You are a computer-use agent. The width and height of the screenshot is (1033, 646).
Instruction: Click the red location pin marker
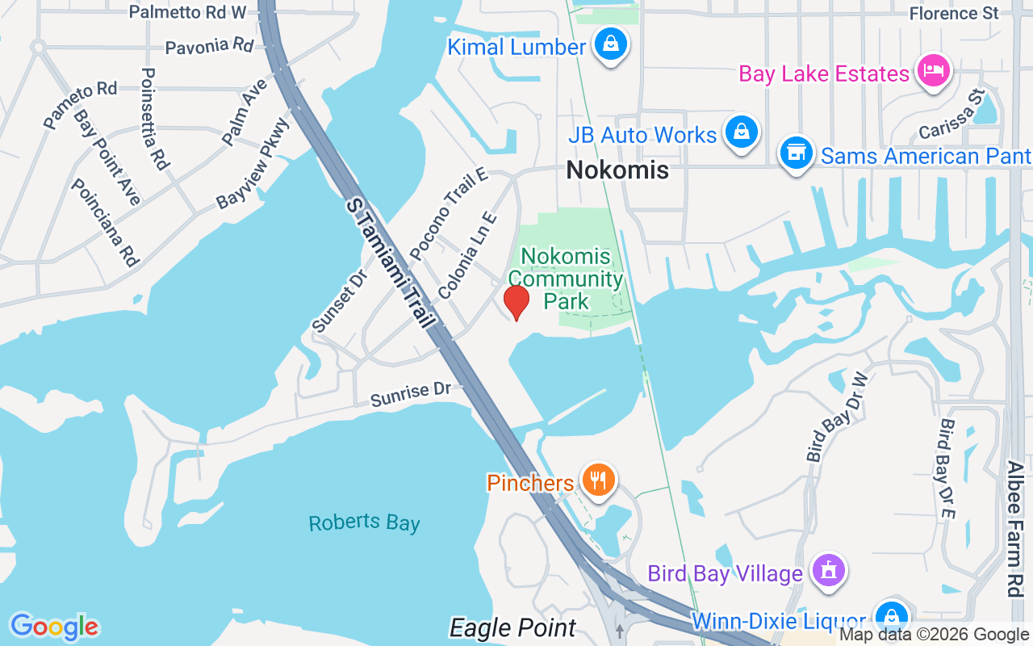pos(516,301)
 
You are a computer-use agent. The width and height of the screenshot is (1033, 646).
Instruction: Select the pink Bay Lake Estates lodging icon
pos(933,70)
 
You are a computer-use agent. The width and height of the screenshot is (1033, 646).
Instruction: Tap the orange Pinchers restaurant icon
pos(597,480)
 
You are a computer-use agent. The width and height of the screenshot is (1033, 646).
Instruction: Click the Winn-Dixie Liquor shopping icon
pos(891,618)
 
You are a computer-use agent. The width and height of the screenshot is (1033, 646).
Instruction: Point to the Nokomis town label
pos(617,170)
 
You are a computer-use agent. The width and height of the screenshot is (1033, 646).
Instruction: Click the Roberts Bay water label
pos(364,522)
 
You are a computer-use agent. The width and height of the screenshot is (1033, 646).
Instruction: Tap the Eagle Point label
pos(512,627)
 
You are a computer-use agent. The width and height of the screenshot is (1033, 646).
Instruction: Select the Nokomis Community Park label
pos(571,279)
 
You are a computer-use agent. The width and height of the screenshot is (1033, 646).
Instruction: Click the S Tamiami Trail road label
pos(391,262)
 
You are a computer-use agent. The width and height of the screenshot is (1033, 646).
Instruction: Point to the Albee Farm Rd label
pos(1015,529)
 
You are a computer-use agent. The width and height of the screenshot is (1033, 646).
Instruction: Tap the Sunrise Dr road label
pos(411,393)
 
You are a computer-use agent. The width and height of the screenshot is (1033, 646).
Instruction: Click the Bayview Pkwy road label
pos(253,164)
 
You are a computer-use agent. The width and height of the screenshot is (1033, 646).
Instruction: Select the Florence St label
pos(954,13)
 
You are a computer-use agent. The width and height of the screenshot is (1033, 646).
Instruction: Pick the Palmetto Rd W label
pos(187,11)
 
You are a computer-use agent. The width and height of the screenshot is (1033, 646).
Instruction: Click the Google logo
pos(54,627)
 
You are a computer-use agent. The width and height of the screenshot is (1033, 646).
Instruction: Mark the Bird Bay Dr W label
pos(836,417)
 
